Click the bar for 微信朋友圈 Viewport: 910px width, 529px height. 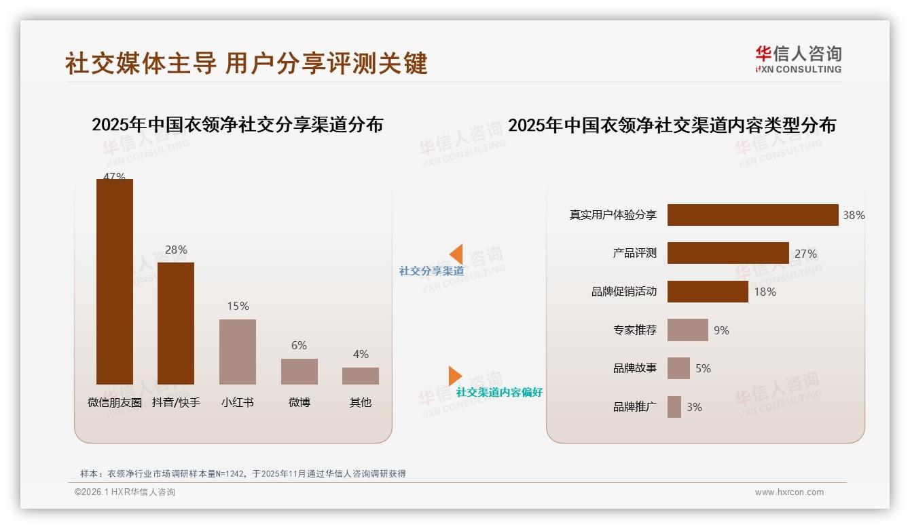tap(115, 281)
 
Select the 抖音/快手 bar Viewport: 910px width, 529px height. tap(176, 324)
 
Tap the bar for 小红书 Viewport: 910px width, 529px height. tap(238, 352)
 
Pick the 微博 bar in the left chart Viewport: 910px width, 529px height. tap(299, 372)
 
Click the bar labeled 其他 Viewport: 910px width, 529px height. tap(361, 376)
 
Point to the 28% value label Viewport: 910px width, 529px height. tap(176, 250)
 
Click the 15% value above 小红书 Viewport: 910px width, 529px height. tap(238, 306)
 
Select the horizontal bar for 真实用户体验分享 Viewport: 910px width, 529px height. tap(752, 215)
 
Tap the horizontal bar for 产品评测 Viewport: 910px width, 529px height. tap(728, 253)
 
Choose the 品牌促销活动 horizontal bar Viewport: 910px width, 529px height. tap(708, 292)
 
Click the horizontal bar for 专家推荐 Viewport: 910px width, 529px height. tap(687, 330)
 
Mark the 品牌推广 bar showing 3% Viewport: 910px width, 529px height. tap(674, 407)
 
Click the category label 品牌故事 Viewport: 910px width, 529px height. tap(635, 368)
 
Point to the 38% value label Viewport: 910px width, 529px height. tap(854, 215)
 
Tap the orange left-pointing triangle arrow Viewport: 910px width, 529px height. tap(456, 254)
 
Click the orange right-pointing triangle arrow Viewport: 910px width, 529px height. tap(455, 376)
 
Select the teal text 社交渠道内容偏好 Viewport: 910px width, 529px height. tap(499, 393)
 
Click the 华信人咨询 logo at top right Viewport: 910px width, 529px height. tap(799, 59)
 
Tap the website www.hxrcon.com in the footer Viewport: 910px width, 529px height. tap(789, 492)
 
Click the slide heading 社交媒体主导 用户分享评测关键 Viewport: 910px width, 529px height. tap(247, 63)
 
